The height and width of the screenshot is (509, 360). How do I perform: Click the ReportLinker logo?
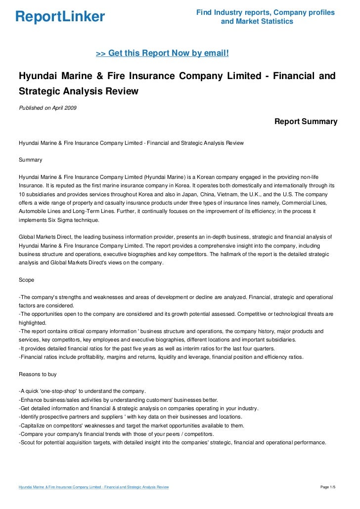click(60, 17)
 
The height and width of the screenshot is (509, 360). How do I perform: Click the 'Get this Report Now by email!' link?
click(162, 53)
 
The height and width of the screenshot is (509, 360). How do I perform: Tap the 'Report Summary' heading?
click(306, 122)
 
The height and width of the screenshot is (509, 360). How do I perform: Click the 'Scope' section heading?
click(26, 280)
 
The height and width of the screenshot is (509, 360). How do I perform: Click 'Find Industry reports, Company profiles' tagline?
click(265, 12)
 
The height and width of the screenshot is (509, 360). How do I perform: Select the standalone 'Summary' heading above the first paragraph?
click(30, 160)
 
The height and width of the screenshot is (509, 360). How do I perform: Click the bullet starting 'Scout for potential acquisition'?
click(172, 443)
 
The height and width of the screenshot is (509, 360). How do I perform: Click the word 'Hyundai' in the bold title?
click(38, 76)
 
